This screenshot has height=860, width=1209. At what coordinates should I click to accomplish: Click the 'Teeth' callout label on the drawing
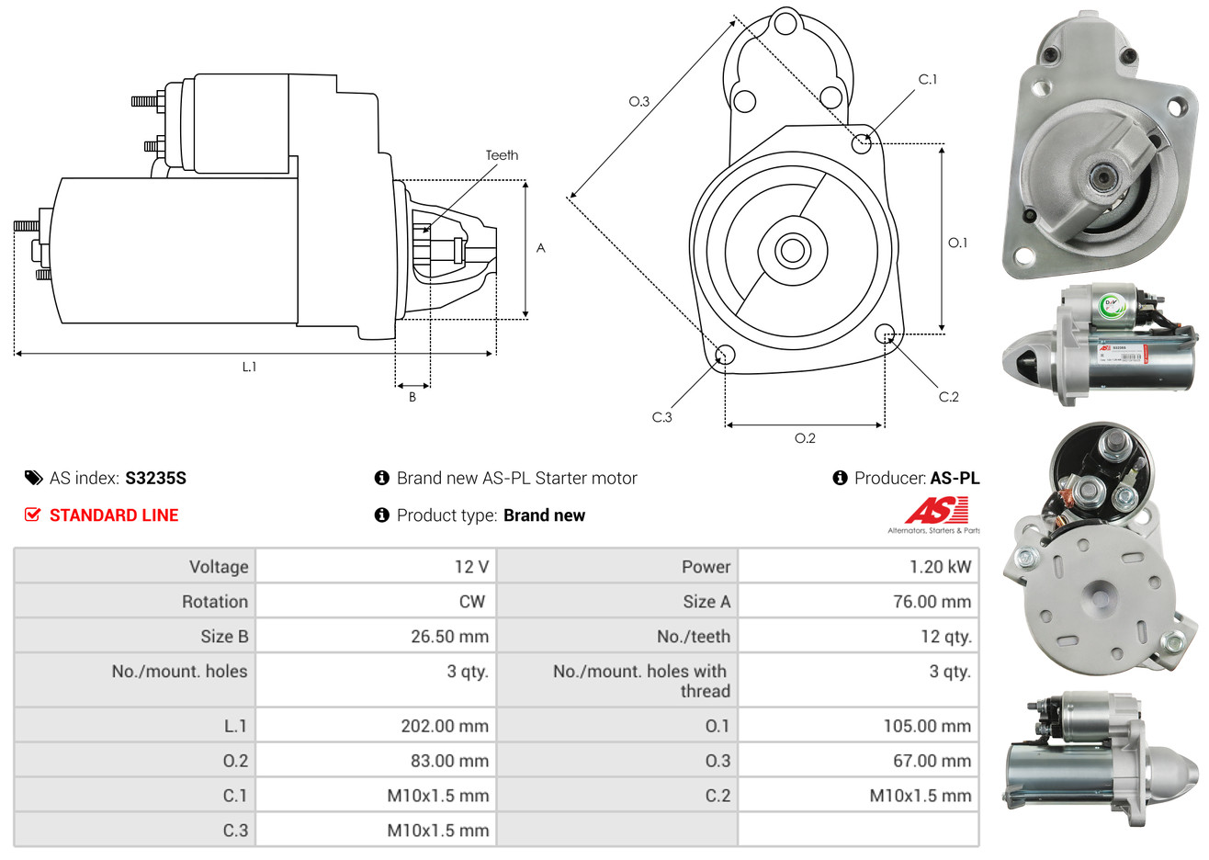click(x=502, y=155)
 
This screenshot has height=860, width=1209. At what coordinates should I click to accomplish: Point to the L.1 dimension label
click(x=249, y=367)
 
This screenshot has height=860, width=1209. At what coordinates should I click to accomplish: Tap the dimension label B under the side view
click(x=412, y=397)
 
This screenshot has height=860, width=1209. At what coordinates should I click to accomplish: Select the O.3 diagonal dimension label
click(x=638, y=101)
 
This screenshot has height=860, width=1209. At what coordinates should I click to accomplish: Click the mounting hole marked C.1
click(x=862, y=143)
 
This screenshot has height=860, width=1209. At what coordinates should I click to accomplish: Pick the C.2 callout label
click(x=948, y=397)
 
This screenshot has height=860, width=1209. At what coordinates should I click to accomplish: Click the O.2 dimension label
click(x=805, y=438)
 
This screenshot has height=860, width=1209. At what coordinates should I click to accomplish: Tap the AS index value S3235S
click(x=155, y=478)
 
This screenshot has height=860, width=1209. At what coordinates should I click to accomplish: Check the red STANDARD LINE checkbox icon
click(x=33, y=515)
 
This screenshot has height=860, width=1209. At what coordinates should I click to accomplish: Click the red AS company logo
click(x=937, y=511)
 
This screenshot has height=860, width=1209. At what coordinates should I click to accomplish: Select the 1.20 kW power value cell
click(x=940, y=567)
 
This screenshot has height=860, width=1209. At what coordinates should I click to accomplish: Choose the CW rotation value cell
click(x=472, y=602)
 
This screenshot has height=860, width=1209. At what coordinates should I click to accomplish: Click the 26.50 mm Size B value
click(x=449, y=637)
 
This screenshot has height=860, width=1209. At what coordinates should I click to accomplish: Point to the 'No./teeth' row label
click(x=693, y=637)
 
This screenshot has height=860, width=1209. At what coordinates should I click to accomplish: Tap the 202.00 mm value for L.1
click(x=445, y=726)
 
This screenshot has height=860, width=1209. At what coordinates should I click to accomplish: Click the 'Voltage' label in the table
click(x=219, y=567)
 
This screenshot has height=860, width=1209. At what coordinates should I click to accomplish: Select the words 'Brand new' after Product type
click(x=544, y=515)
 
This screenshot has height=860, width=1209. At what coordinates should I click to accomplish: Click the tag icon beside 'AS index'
click(x=34, y=478)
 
